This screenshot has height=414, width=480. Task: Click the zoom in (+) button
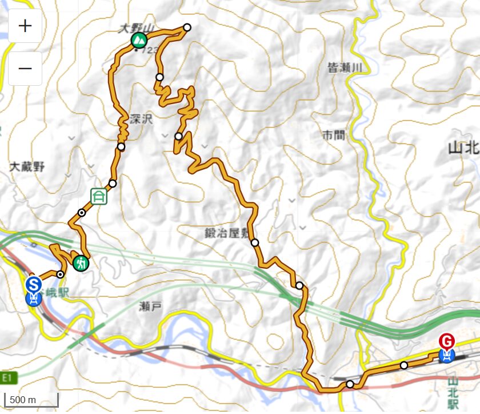tap(25, 26)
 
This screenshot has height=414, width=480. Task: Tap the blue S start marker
tap(34, 284)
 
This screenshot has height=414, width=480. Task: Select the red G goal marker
tap(447, 341)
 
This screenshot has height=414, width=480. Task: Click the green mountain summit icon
tap(138, 40)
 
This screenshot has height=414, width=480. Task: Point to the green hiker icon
tap(81, 264)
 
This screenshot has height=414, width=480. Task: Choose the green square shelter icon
tap(99, 196)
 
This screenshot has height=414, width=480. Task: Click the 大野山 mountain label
tap(131, 29)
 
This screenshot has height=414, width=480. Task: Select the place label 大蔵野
tap(27, 166)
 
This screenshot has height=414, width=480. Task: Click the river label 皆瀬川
tap(345, 67)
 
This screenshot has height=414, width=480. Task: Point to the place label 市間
tap(334, 136)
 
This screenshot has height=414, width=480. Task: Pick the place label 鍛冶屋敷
tap(227, 233)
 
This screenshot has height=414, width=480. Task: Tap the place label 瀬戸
tap(150, 306)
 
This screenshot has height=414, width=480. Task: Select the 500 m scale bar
tap(31, 400)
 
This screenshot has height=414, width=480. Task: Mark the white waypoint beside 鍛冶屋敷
tap(255, 242)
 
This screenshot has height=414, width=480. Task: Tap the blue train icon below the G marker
tap(447, 357)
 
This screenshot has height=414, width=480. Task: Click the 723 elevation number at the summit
tap(149, 50)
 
